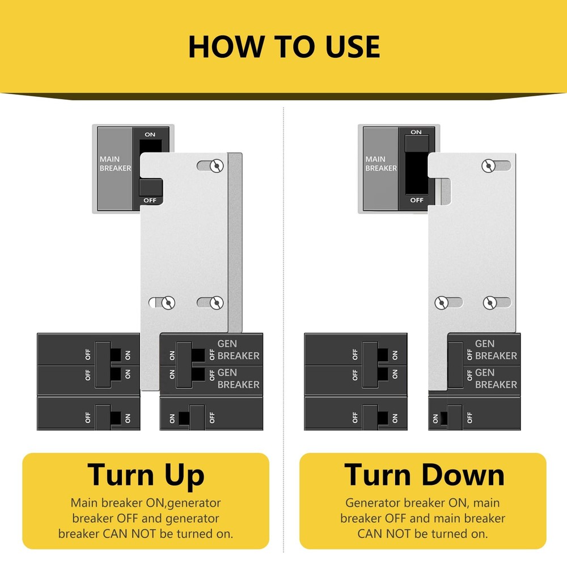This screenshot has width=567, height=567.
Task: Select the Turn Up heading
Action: click(x=146, y=475)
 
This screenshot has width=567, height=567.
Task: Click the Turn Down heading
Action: click(x=424, y=475)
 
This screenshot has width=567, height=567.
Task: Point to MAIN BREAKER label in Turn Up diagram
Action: click(x=115, y=164)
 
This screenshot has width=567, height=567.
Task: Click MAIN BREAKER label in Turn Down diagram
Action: click(x=381, y=164)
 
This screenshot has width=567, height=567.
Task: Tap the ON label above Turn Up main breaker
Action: click(x=150, y=134)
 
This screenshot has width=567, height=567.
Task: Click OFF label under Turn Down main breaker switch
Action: click(x=417, y=200)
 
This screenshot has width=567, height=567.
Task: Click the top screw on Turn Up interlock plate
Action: click(x=215, y=165)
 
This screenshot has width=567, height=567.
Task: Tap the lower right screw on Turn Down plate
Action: click(x=489, y=303)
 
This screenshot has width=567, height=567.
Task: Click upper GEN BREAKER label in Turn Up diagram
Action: click(x=238, y=349)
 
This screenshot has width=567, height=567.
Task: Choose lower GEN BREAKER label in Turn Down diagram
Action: click(x=496, y=378)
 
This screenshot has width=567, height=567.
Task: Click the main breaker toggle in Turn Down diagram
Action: click(x=416, y=145)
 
